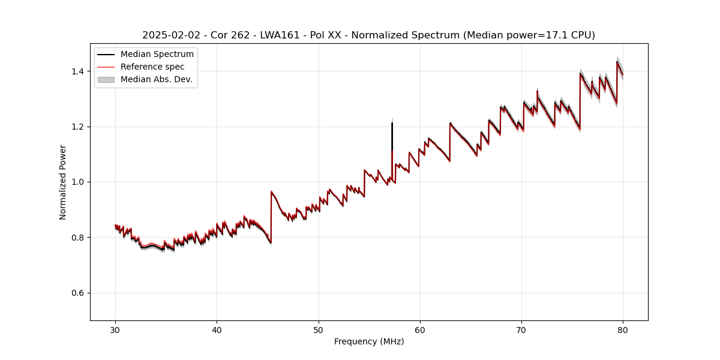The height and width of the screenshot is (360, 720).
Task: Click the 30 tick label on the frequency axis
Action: [x=116, y=330]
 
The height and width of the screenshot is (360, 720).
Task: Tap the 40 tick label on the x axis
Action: [x=217, y=330]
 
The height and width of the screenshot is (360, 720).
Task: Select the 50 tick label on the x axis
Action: [x=319, y=330]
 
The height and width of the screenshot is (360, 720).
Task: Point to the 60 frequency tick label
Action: [x=420, y=330]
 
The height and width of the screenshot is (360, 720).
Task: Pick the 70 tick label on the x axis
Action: [x=521, y=330]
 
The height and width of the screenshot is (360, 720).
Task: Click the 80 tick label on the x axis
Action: [x=623, y=330]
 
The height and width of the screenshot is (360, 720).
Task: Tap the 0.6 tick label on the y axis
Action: [x=79, y=293]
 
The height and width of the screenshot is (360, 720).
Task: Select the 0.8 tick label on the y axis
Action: [x=79, y=238]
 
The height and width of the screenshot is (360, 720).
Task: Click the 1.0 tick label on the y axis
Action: [x=79, y=182]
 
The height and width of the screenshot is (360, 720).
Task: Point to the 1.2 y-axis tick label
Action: [x=79, y=127]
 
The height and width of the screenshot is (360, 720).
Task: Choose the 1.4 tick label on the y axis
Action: [x=79, y=71]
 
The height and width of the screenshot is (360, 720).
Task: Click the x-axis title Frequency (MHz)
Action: [x=369, y=341]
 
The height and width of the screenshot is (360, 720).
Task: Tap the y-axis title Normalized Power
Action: [x=63, y=182]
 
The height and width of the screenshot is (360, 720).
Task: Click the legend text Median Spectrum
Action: [x=157, y=55]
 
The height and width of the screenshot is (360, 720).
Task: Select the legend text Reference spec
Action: [x=152, y=67]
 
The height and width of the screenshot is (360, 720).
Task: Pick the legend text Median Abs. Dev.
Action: [x=157, y=79]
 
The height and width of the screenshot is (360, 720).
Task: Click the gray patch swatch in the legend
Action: [x=106, y=79]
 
